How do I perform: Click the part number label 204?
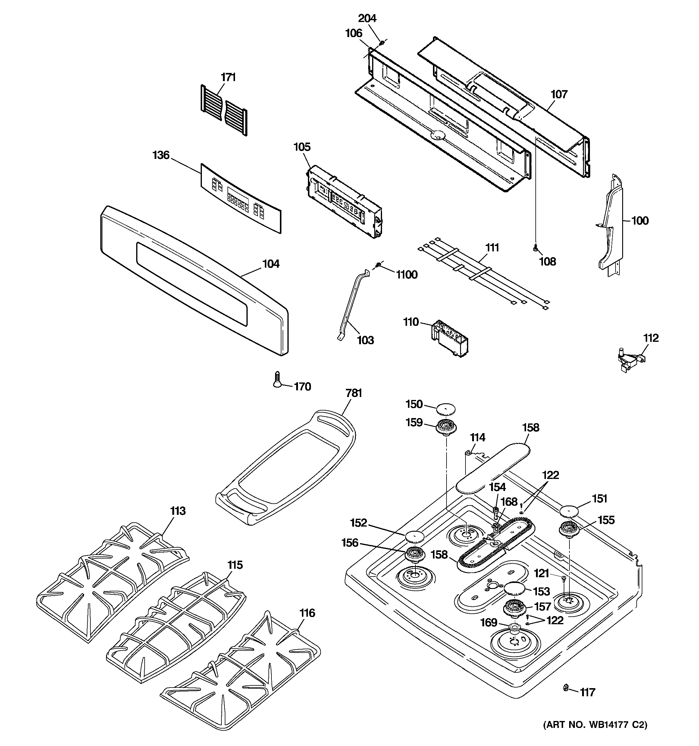(367, 18)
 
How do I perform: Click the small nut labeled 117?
(565, 687)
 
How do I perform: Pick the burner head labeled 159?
(446, 427)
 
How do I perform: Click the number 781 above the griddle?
(353, 393)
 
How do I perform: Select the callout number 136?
(161, 155)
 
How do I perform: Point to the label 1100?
(407, 275)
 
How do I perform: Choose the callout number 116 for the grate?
(307, 613)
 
